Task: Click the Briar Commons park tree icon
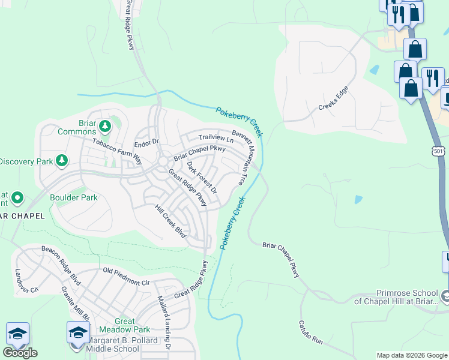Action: (106, 125)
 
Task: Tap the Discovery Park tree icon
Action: (61, 160)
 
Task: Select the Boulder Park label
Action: (73, 197)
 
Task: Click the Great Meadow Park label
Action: (125, 325)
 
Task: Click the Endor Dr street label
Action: (145, 143)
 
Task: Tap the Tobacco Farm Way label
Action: (117, 151)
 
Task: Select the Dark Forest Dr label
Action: (201, 177)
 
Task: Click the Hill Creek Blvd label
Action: (170, 221)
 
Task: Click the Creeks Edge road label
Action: (333, 98)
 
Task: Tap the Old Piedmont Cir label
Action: (127, 277)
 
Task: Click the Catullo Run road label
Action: (311, 332)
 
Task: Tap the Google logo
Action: (20, 353)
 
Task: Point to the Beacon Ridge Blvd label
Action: (61, 264)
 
